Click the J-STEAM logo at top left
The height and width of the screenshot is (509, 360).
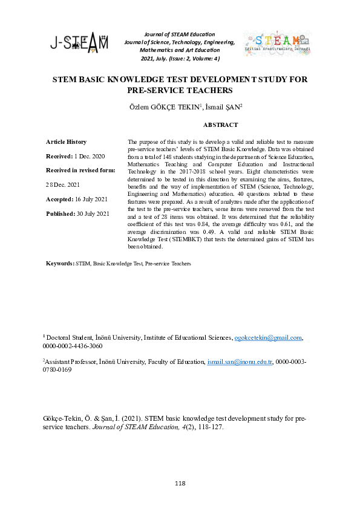[79, 43]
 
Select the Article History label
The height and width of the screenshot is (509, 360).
[66, 141]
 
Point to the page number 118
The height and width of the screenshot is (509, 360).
[180, 484]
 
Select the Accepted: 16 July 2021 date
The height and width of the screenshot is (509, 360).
[77, 199]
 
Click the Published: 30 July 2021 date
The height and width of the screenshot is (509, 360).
[77, 213]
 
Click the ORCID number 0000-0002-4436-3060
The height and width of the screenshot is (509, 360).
[72, 346]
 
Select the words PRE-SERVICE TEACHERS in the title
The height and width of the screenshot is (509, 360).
[180, 91]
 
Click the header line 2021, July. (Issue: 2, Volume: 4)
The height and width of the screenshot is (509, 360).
[180, 59]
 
